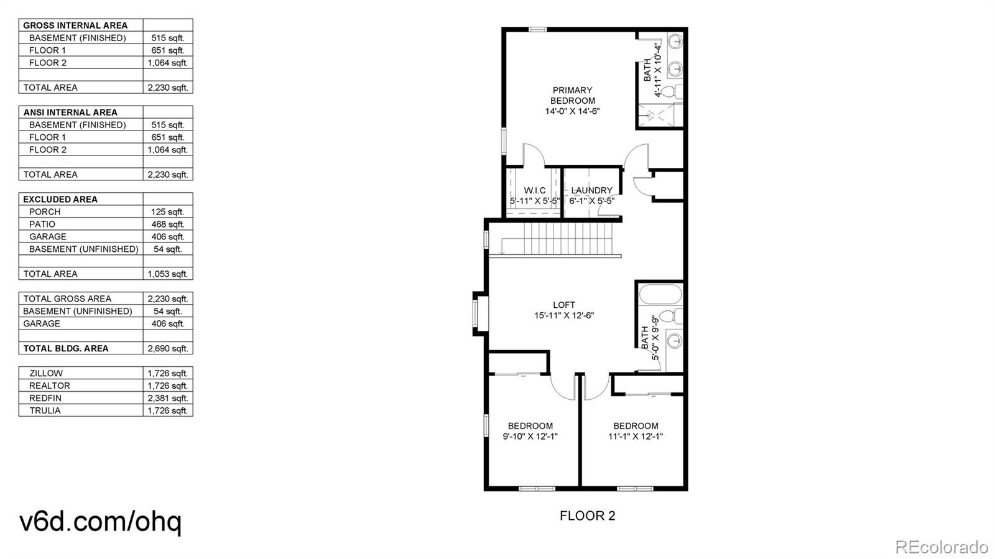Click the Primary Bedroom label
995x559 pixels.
[573, 96]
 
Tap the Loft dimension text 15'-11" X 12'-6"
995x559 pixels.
[564, 316]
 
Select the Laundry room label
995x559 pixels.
[591, 190]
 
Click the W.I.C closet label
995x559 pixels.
[535, 190]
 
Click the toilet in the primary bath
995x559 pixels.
[671, 92]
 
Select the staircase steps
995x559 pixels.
[568, 238]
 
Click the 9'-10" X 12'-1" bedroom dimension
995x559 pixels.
[530, 437]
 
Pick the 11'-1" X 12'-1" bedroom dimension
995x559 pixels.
[636, 437]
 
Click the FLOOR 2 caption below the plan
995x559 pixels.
[587, 516]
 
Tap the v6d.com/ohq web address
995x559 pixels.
[100, 522]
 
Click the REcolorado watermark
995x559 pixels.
[942, 547]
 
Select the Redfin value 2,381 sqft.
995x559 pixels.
[167, 399]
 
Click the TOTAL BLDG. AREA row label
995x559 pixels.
[66, 349]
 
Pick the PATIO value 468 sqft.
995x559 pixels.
[167, 224]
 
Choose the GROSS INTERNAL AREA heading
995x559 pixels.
[75, 25]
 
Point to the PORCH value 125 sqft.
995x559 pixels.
[167, 212]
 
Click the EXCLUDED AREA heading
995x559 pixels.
[60, 200]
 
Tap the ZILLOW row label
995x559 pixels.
[46, 374]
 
